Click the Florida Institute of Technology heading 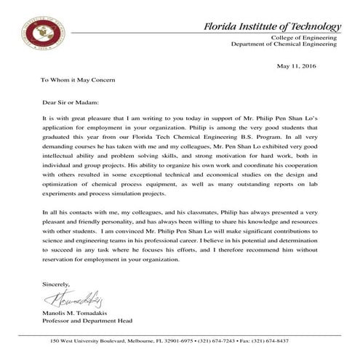(273, 27)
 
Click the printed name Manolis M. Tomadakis (80, 313)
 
